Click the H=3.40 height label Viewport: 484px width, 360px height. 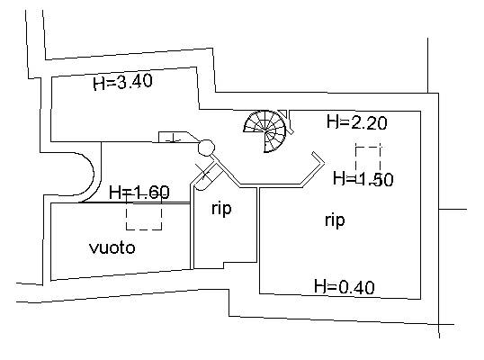[x=123, y=82]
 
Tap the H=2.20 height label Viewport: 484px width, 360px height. [x=357, y=122]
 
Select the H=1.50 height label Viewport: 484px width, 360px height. [x=363, y=179]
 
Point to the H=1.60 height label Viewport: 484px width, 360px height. [x=139, y=192]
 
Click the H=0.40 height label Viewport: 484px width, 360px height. [x=345, y=287]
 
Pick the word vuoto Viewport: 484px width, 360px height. [x=112, y=247]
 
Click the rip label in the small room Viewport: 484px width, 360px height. [x=221, y=209]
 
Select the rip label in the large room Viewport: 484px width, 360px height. [x=335, y=220]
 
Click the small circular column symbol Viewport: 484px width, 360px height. [x=206, y=148]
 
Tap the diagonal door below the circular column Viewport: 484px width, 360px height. [x=207, y=177]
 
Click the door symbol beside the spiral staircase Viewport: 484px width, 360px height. [x=287, y=121]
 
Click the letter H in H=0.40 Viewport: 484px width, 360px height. [x=320, y=286]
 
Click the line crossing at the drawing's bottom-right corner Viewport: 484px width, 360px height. [x=439, y=324]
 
